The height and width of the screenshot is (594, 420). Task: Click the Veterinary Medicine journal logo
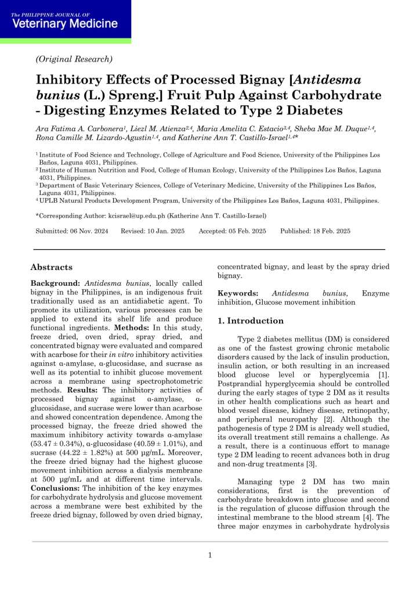[64, 21]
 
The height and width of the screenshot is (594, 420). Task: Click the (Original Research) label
[74, 59]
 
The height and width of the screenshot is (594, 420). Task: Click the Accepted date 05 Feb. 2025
[241, 231]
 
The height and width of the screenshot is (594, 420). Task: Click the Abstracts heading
[52, 268]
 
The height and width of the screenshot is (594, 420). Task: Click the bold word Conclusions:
[56, 488]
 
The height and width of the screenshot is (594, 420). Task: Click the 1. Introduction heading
[251, 321]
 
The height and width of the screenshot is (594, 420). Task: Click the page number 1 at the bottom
[210, 555]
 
